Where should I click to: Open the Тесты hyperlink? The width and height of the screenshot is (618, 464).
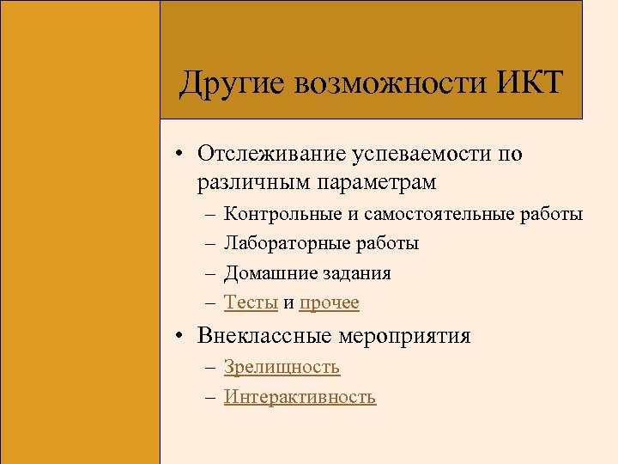251,302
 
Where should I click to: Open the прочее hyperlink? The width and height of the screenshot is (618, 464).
330,302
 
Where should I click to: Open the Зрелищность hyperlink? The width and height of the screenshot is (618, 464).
282,367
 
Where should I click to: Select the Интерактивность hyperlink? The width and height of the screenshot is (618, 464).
300,396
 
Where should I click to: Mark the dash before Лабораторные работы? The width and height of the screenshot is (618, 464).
210,244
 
